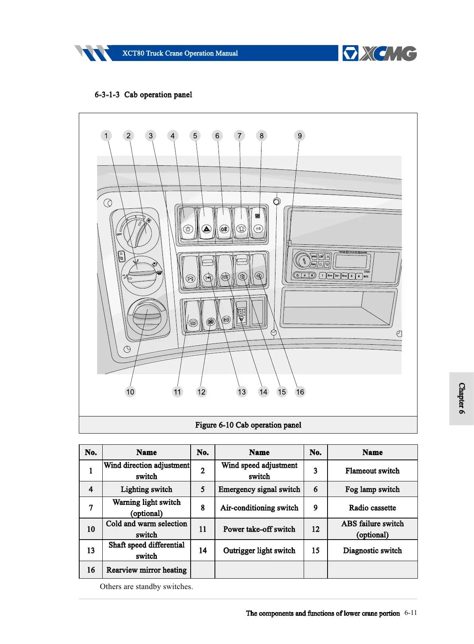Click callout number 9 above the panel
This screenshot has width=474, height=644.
[x=300, y=136]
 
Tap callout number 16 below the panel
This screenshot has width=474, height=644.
[x=300, y=392]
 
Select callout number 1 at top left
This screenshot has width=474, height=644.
[x=106, y=136]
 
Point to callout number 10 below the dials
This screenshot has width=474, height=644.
[x=130, y=392]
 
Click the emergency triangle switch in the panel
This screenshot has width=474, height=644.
[x=206, y=224]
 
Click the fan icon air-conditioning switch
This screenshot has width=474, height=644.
[x=258, y=224]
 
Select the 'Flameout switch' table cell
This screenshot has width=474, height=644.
[x=372, y=471]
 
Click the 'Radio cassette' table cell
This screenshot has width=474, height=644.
[x=372, y=508]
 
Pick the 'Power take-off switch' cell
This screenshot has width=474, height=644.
[x=259, y=529]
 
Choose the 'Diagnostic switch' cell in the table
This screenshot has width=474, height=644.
[x=372, y=550]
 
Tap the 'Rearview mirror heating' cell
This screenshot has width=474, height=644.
[x=146, y=570]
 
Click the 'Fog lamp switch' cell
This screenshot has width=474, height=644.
[x=372, y=489]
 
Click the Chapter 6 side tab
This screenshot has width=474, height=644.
[x=461, y=398]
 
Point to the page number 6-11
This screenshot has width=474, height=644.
[x=410, y=613]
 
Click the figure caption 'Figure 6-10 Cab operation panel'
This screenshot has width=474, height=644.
[x=248, y=425]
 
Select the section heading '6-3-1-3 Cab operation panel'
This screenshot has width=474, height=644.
[x=143, y=95]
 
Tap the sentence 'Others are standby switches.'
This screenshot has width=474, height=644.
[x=146, y=587]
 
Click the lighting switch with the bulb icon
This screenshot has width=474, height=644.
[x=188, y=224]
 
